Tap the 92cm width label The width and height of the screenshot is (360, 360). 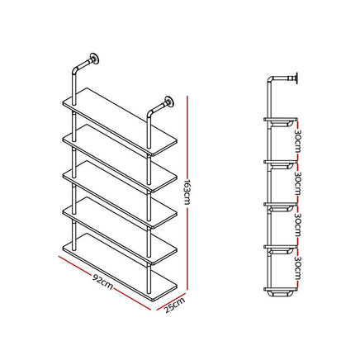[x=102, y=281]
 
